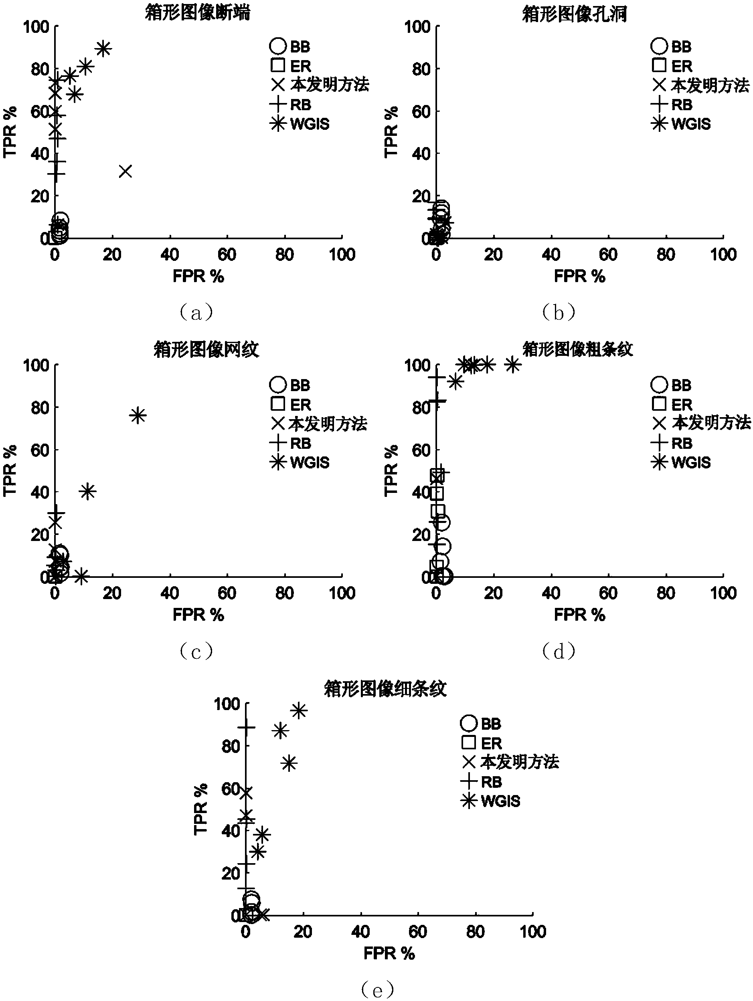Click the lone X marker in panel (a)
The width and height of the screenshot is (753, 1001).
(125, 172)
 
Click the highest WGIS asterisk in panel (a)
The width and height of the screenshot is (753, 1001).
(104, 48)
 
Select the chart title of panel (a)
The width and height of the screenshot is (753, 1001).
(197, 13)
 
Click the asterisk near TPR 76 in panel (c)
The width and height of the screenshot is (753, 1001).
(138, 416)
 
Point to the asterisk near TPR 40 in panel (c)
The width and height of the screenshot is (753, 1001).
(88, 491)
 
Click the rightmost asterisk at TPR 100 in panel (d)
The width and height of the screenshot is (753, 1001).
(512, 364)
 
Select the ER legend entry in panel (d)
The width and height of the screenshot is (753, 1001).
(672, 404)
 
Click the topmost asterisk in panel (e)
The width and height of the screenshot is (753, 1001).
(299, 711)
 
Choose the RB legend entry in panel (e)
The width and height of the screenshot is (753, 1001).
(481, 782)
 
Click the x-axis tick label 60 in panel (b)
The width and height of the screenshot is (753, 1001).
(608, 255)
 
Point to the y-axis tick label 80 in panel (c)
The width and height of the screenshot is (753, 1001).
(40, 407)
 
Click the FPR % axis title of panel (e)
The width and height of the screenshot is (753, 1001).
(389, 953)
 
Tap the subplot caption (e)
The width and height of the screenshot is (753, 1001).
(378, 989)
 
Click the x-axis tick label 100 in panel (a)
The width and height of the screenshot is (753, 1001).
(342, 255)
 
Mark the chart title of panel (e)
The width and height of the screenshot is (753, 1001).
(385, 689)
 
